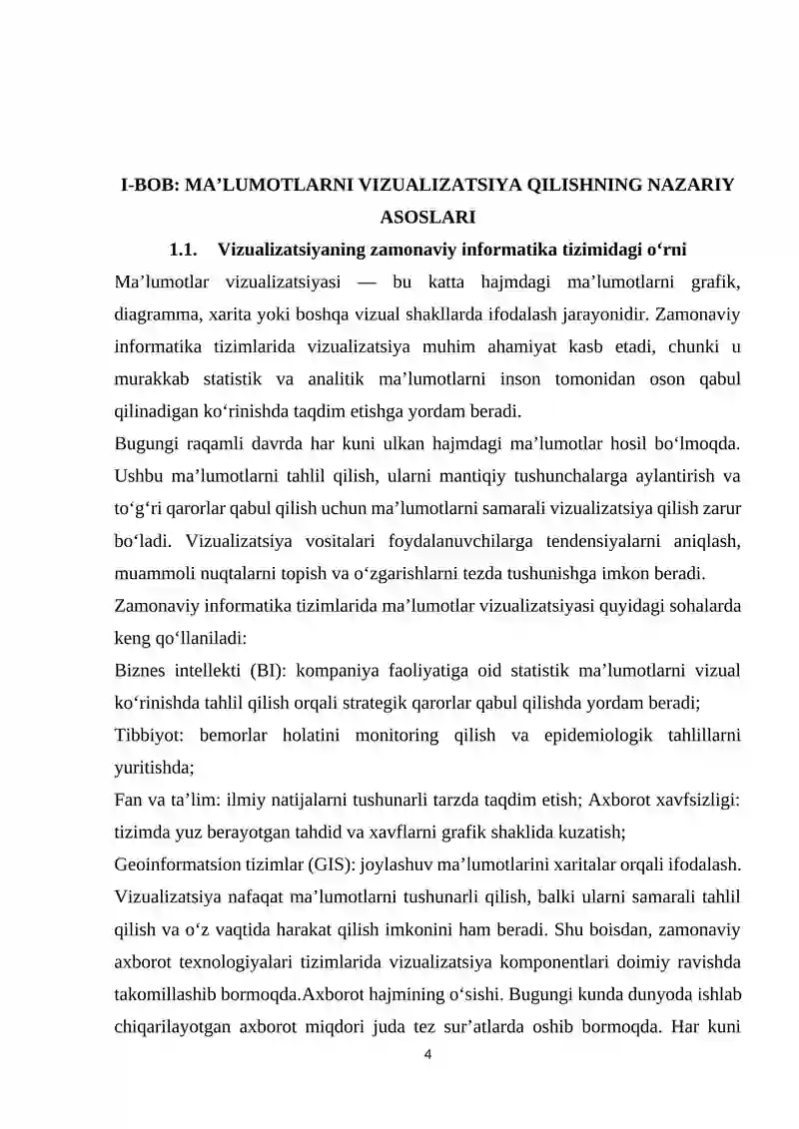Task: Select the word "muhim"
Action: click(458, 345)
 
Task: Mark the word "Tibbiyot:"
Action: click(151, 735)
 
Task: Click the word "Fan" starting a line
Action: click(131, 800)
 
